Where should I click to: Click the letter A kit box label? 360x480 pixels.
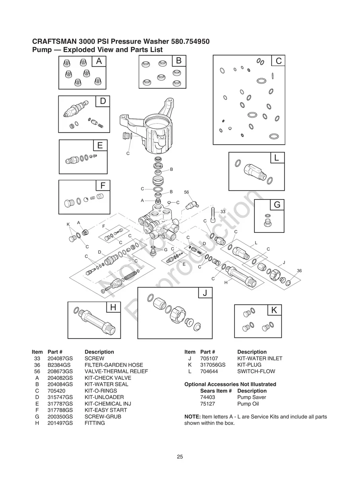99,61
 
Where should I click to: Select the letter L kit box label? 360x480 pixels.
277,158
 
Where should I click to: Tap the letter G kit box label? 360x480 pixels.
277,205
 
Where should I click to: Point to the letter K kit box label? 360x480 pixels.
274,310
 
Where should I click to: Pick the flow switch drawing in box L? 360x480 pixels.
253,171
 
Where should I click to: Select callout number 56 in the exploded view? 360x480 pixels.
186,192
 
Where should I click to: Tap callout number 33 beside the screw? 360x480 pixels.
223,212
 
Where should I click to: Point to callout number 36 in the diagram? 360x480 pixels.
299,271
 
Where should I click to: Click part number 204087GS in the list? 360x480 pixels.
60,358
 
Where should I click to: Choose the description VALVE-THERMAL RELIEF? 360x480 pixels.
116,372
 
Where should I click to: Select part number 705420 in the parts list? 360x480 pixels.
56,391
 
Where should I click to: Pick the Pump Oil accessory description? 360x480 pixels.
248,404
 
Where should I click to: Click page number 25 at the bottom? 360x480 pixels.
180,457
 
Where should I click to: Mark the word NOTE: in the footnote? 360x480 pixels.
192,416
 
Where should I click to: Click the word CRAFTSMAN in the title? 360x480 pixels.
54,41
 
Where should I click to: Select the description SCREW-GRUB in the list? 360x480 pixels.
103,416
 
